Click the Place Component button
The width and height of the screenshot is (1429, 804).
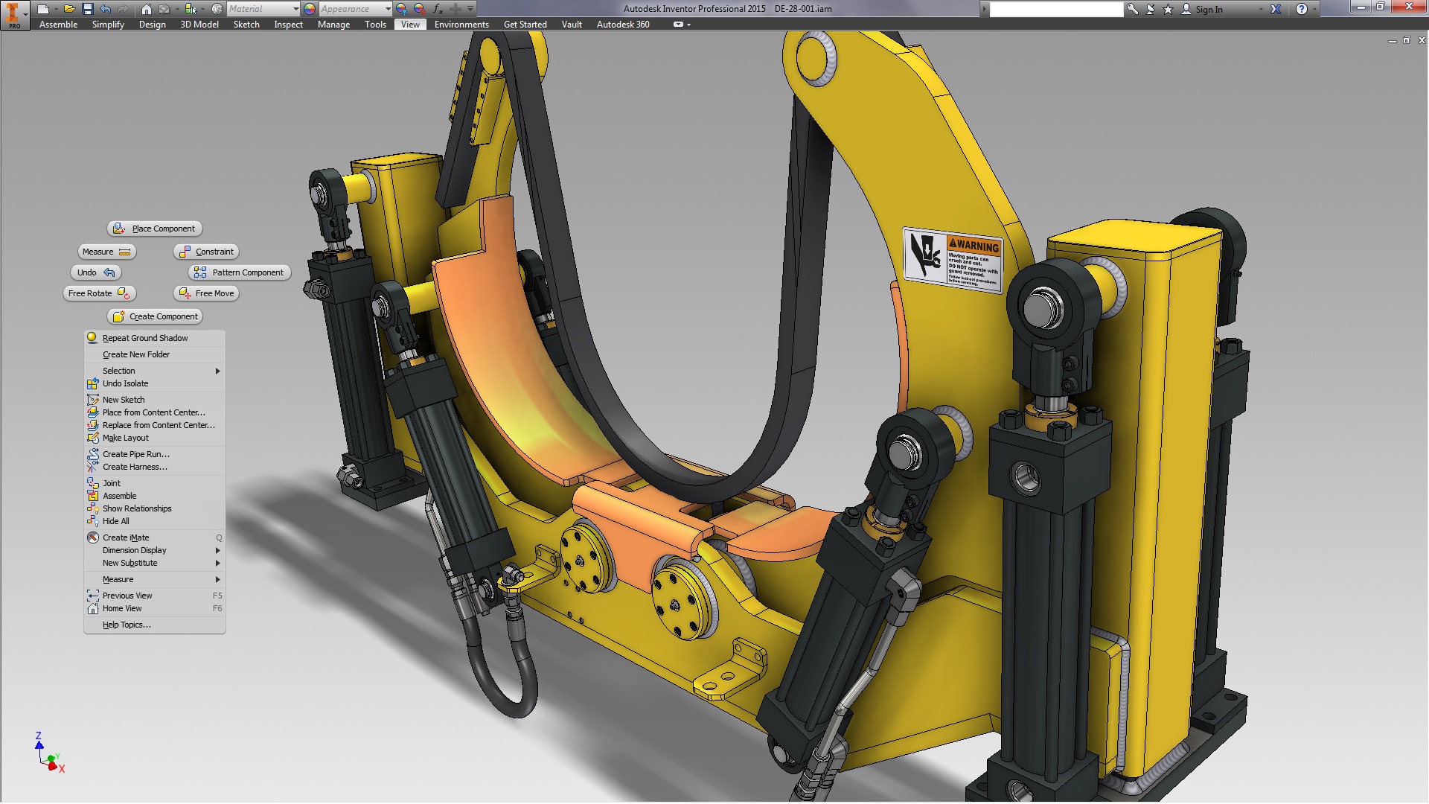coord(155,229)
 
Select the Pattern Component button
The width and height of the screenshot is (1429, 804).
coord(240,272)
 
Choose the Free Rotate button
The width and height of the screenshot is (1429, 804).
coord(99,293)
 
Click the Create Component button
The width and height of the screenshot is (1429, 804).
coord(155,316)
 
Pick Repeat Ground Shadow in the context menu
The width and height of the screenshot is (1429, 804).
coord(145,338)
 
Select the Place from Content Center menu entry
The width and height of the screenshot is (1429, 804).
coord(153,412)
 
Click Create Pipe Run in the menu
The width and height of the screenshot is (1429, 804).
coord(135,454)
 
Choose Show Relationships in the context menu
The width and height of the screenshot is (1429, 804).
coord(137,508)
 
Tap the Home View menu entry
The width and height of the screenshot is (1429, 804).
coord(122,608)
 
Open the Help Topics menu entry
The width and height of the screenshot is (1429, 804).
coord(127,625)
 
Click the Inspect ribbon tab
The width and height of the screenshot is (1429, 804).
coord(288,25)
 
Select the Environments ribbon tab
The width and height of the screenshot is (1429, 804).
coord(461,25)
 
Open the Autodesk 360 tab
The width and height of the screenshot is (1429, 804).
coord(623,25)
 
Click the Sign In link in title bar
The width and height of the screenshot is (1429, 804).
coord(1208,10)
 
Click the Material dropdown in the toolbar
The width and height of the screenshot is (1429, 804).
coord(263,9)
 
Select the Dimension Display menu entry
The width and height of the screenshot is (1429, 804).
coord(135,550)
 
